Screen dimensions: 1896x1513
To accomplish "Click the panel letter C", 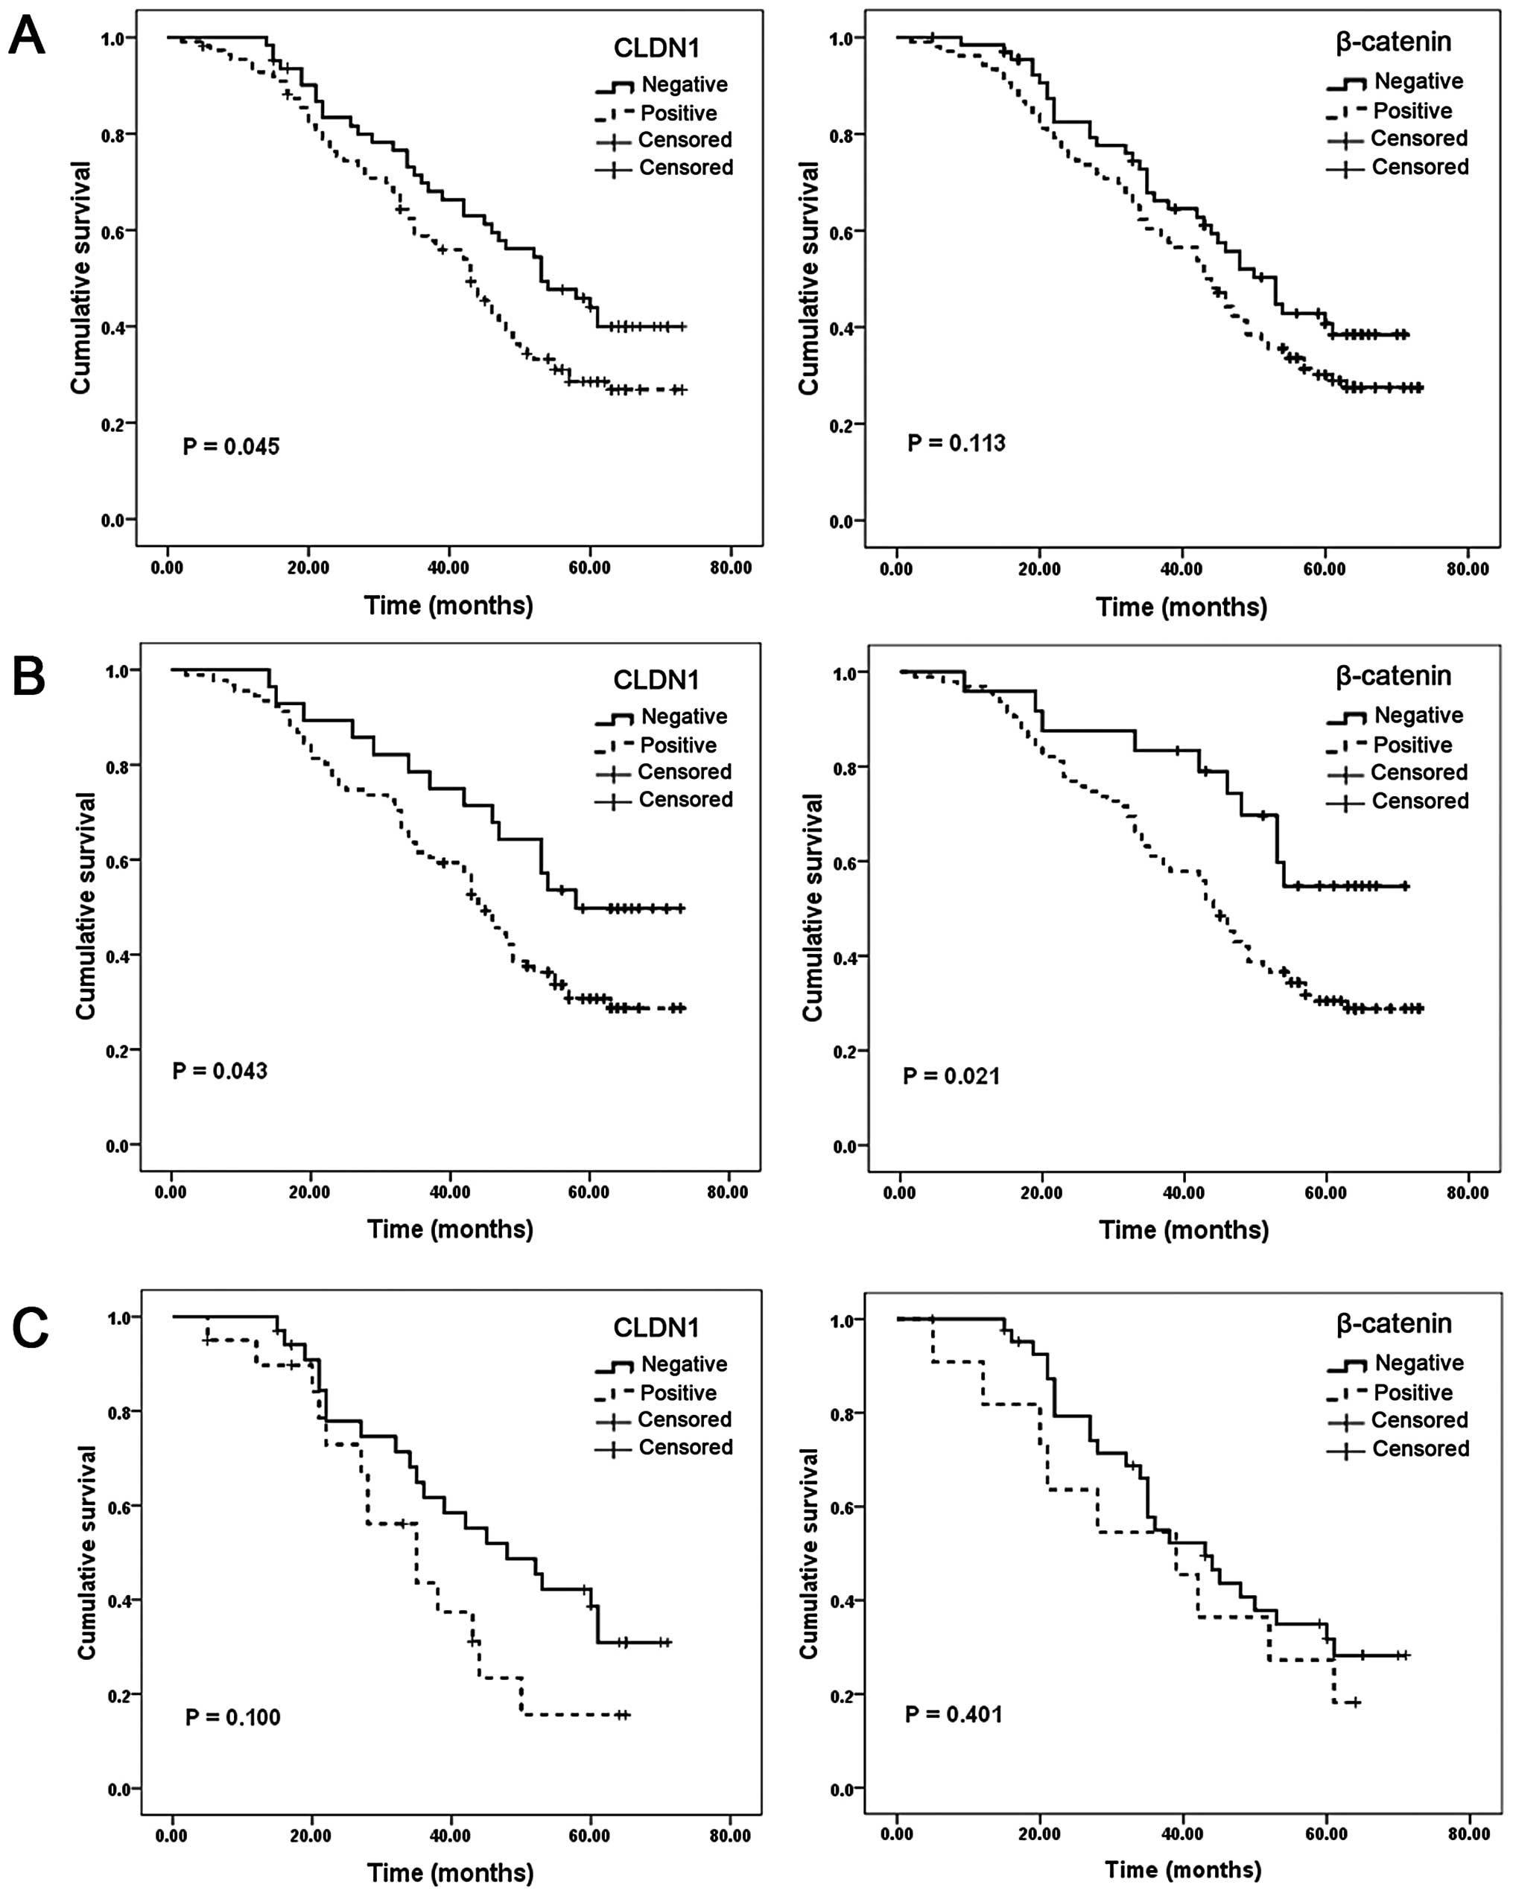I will point(30,1327).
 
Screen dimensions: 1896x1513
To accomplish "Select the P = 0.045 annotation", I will point(230,447).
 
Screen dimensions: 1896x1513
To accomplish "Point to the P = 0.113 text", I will point(957,443).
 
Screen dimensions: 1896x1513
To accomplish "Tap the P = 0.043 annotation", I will point(220,1071).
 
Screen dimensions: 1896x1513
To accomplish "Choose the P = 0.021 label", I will point(951,1075).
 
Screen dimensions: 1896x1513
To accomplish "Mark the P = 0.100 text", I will point(232,1717).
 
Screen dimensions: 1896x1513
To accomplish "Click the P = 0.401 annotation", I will point(954,1714).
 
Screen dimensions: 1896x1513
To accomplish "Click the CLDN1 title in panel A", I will point(656,48).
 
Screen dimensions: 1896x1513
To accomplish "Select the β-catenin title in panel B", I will point(1393,675).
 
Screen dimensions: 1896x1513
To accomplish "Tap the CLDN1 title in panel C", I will point(656,1327).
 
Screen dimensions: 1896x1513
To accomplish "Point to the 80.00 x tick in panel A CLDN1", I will point(730,568).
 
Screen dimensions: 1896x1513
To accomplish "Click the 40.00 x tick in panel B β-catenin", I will point(1183,1193).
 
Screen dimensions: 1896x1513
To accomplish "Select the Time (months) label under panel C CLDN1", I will point(451,1872).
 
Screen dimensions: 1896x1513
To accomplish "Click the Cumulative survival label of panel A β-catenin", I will point(808,278).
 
